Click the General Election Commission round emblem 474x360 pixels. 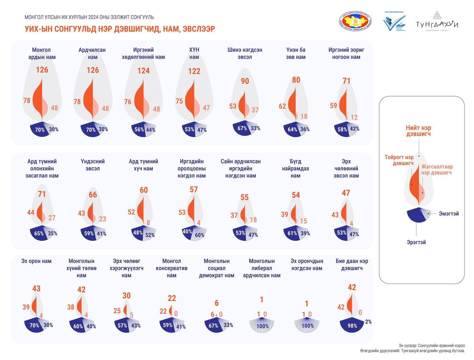pyautogui.click(x=355, y=22)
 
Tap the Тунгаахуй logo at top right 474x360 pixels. pyautogui.click(x=437, y=23)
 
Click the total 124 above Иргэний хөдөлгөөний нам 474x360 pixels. pyautogui.click(x=143, y=71)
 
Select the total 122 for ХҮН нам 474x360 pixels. pyautogui.click(x=194, y=71)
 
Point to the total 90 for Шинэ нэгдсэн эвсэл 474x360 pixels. pyautogui.click(x=245, y=81)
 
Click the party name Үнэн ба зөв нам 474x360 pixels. pyautogui.click(x=296, y=53)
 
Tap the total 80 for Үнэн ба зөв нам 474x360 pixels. pyautogui.click(x=296, y=80)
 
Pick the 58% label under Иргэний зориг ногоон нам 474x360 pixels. pyautogui.click(x=342, y=129)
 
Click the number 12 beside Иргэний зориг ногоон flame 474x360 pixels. pyautogui.click(x=354, y=118)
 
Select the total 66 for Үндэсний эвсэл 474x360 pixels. pyautogui.click(x=93, y=195)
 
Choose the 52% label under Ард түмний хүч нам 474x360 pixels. pyautogui.click(x=150, y=235)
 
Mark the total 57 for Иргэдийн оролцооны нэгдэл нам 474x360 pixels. pyautogui.click(x=194, y=189)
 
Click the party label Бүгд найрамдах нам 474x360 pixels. pyautogui.click(x=295, y=168)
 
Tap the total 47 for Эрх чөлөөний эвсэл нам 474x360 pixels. pyautogui.click(x=346, y=193)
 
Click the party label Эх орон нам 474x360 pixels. pyautogui.click(x=36, y=261)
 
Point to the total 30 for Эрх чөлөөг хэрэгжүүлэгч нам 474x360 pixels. pyautogui.click(x=126, y=295)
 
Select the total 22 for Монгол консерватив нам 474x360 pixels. pyautogui.click(x=172, y=298)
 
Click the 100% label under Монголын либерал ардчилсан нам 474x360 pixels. pyautogui.click(x=262, y=326)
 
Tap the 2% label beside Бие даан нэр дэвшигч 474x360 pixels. pyautogui.click(x=368, y=322)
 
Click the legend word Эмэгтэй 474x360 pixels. pyautogui.click(x=449, y=214)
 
